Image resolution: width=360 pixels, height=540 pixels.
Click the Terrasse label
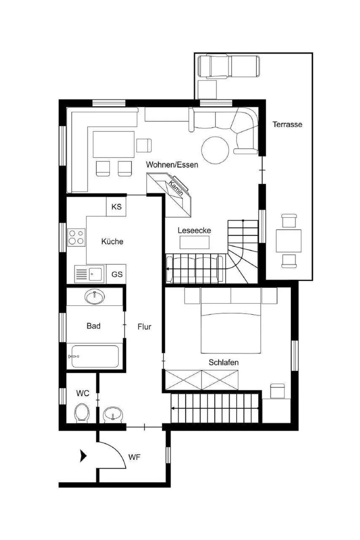287,124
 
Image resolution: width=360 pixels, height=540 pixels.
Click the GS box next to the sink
116,274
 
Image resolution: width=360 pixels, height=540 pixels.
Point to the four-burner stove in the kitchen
76,237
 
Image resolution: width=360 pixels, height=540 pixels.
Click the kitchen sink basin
95,274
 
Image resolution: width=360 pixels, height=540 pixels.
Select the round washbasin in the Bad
95,297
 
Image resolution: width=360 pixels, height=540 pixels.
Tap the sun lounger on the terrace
229,66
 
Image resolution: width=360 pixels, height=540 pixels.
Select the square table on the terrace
289,241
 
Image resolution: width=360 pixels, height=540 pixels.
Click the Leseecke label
194,231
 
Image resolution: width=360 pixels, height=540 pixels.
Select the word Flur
144,327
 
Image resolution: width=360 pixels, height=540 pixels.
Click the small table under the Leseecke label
194,242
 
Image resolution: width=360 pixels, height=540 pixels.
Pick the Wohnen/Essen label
172,165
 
